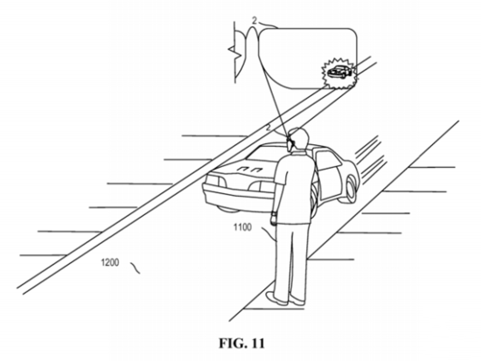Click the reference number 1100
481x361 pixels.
click(x=242, y=227)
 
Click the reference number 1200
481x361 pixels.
click(x=110, y=263)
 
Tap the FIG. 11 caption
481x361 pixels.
click(x=241, y=344)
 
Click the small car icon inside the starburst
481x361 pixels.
click(x=339, y=73)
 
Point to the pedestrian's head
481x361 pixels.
click(x=298, y=138)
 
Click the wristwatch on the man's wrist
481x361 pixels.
click(x=274, y=213)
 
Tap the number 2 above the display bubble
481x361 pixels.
click(x=254, y=21)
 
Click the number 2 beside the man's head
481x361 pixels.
click(x=268, y=128)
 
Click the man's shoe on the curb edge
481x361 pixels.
click(x=276, y=298)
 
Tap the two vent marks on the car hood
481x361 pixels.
click(x=249, y=169)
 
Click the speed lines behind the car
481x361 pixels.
click(x=370, y=159)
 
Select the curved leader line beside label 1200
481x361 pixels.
click(x=135, y=267)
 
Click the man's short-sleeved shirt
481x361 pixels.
click(x=294, y=186)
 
